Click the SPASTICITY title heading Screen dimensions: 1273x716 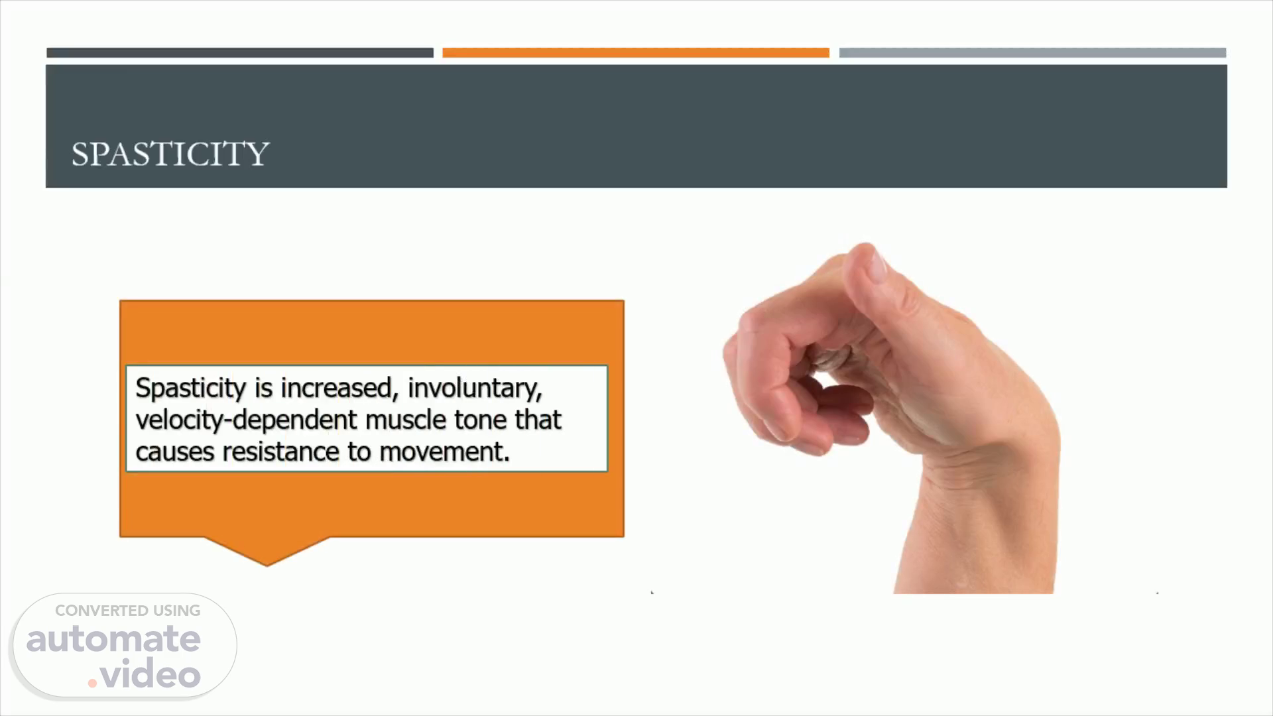tap(170, 154)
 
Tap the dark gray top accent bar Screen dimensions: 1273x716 tap(240, 52)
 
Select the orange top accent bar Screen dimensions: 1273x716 tap(636, 52)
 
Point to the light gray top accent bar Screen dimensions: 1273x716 tap(1032, 52)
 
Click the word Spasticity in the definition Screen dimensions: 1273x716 tap(191, 388)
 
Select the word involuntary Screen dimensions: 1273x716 tap(475, 388)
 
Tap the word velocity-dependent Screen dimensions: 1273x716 tap(246, 420)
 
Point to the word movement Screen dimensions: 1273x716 tap(444, 452)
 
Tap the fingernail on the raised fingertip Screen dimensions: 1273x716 tap(878, 265)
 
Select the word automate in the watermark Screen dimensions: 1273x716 tap(113, 639)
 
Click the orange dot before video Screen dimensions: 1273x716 tap(93, 683)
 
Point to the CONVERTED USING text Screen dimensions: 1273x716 tap(128, 611)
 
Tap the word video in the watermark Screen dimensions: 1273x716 tap(151, 674)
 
